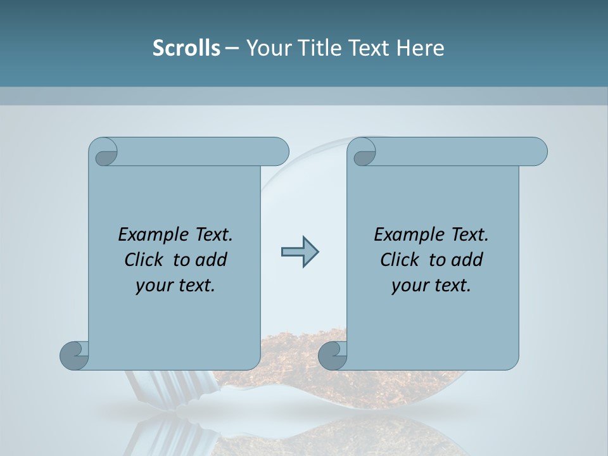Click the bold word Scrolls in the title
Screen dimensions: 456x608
(x=186, y=48)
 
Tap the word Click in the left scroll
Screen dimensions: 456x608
(x=146, y=260)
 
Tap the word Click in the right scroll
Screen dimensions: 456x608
(x=402, y=260)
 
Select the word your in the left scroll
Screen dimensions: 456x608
(x=153, y=286)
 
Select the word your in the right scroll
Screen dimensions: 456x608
(x=408, y=286)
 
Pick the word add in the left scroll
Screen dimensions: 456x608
(x=212, y=260)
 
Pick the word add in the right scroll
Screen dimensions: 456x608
(x=468, y=260)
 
